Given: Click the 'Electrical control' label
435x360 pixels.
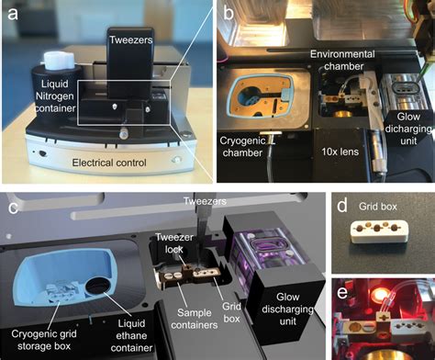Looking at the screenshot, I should (x=112, y=163).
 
